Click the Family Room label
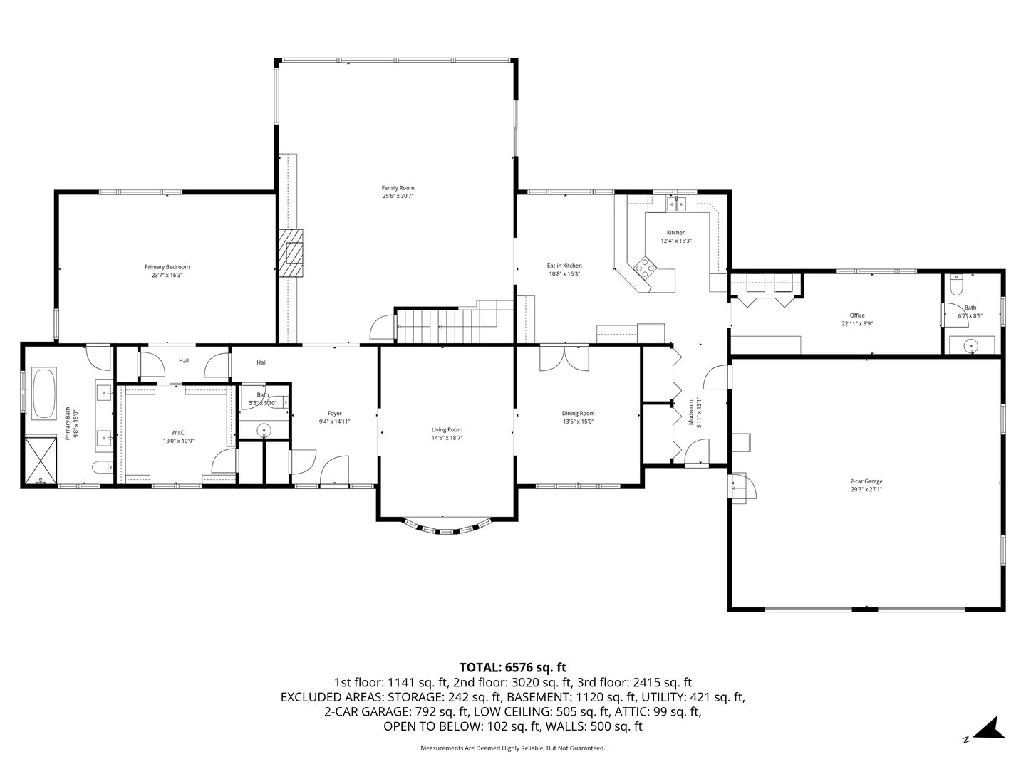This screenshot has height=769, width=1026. (398, 188)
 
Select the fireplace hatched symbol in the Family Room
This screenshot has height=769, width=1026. (291, 253)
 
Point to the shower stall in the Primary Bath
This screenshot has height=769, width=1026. (41, 461)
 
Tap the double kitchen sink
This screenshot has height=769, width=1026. (675, 205)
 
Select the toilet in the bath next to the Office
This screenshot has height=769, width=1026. (957, 286)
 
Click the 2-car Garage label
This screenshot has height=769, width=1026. (866, 481)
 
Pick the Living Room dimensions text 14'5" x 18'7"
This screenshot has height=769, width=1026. (447, 439)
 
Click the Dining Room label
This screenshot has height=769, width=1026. (578, 413)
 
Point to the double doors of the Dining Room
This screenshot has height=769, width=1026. (564, 357)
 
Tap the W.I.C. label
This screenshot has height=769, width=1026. (178, 432)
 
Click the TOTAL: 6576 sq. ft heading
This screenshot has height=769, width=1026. (512, 667)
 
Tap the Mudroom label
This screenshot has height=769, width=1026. (690, 413)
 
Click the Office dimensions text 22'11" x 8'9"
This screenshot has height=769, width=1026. (857, 323)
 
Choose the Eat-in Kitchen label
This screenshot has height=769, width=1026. (564, 266)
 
